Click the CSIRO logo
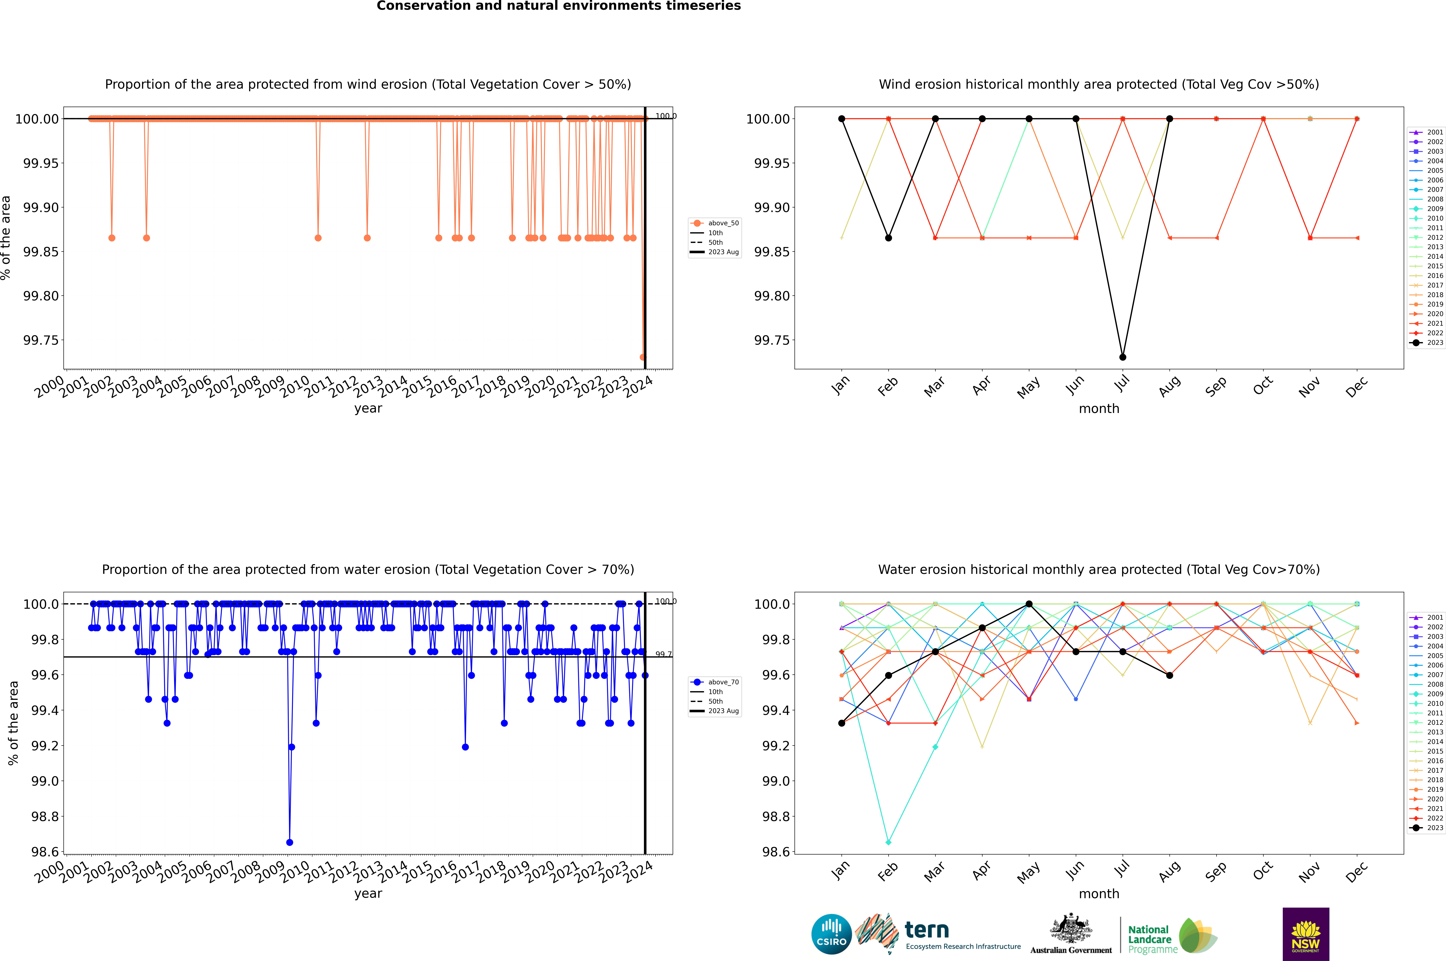pyautogui.click(x=831, y=934)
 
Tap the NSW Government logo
pyautogui.click(x=1306, y=934)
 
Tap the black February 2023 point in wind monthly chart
pyautogui.click(x=888, y=238)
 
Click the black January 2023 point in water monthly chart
pyautogui.click(x=842, y=723)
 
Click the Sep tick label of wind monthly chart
pyautogui.click(x=1216, y=386)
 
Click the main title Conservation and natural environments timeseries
pyautogui.click(x=558, y=6)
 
